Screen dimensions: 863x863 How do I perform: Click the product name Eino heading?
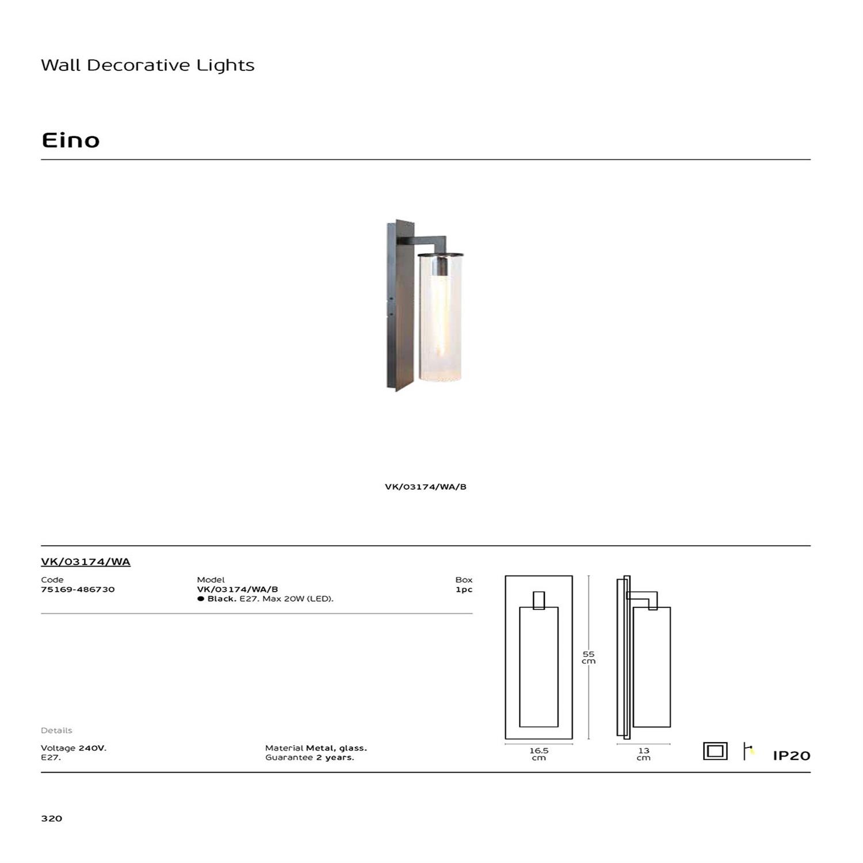tap(71, 140)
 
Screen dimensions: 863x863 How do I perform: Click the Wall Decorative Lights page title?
tap(148, 65)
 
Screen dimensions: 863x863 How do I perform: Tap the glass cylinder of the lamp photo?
tap(441, 318)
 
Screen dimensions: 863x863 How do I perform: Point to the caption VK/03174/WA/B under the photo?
tap(426, 487)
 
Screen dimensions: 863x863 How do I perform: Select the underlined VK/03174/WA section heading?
tap(86, 562)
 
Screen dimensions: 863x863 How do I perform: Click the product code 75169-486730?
tap(78, 589)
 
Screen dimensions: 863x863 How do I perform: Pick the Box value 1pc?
tap(464, 590)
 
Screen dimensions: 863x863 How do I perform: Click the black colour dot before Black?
tap(201, 599)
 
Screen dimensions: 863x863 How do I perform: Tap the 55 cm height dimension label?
tap(589, 658)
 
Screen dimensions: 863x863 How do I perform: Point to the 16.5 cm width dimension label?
tap(539, 754)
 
